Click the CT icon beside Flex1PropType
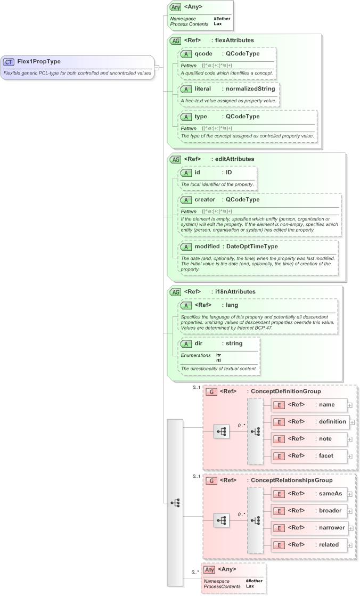point(9,62)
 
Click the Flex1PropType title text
point(39,62)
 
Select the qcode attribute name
point(203,54)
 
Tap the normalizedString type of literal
point(249,88)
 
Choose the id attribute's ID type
point(229,173)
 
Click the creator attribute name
point(205,200)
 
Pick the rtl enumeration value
point(219,360)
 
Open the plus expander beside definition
point(350,422)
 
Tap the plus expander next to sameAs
point(350,494)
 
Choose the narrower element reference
point(333,527)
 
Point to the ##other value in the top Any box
point(222,19)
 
